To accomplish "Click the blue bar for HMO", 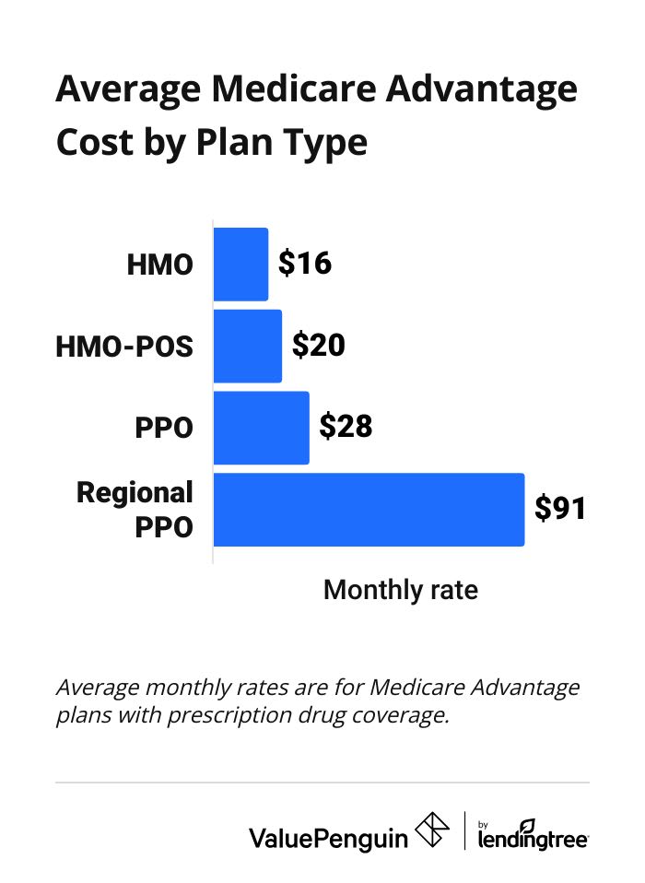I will [240, 265].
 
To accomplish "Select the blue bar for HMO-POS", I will [248, 346].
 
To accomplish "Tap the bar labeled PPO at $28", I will [262, 428].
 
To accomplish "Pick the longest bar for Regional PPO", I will [369, 510].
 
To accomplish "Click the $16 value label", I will [304, 265].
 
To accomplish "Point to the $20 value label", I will [318, 346].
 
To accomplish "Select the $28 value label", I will [346, 428].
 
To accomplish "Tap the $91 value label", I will [560, 510].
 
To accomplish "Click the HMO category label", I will [160, 265].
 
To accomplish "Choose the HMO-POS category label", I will [125, 347].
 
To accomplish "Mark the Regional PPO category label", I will [135, 510].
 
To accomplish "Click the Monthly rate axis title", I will [401, 590].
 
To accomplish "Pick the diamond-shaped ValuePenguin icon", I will [432, 832].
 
